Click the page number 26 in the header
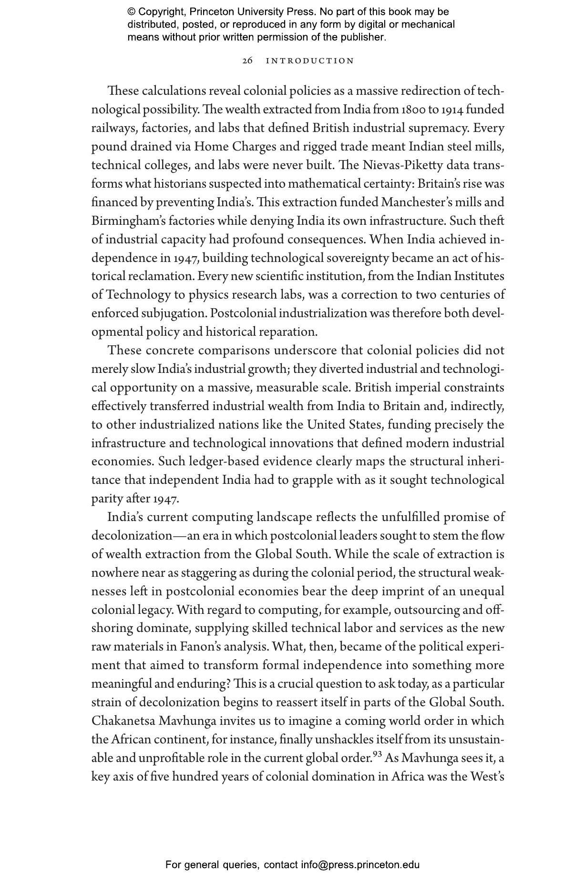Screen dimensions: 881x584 [247, 61]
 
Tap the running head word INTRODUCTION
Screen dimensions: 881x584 [310, 61]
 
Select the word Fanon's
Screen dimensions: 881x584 [199, 647]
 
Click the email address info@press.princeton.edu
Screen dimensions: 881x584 [360, 865]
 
